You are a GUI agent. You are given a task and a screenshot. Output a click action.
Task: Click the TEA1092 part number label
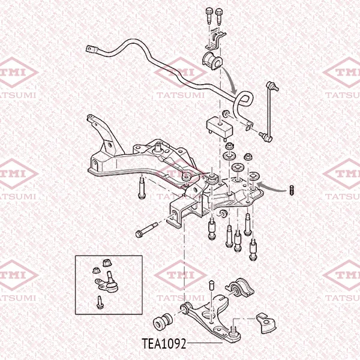coord(164,344)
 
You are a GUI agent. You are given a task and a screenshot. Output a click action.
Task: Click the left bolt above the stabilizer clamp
coord(209,16)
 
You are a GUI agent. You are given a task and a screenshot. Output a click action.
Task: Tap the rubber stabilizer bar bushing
coord(212,61)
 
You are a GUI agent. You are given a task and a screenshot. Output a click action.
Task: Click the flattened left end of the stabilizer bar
coord(92,49)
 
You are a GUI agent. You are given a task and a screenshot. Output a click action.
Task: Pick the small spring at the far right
coord(292,190)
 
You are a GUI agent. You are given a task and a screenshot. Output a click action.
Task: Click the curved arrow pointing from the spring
coord(271,187)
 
